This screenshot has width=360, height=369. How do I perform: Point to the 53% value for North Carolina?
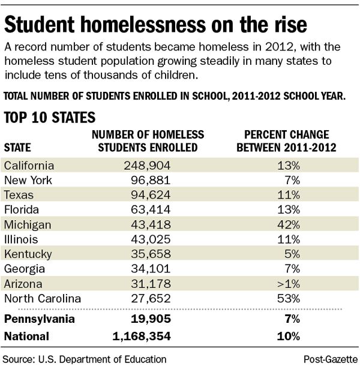pos(288,298)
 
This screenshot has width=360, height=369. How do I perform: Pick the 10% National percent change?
pos(289,337)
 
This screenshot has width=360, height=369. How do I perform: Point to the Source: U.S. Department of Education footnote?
pos(85,359)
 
